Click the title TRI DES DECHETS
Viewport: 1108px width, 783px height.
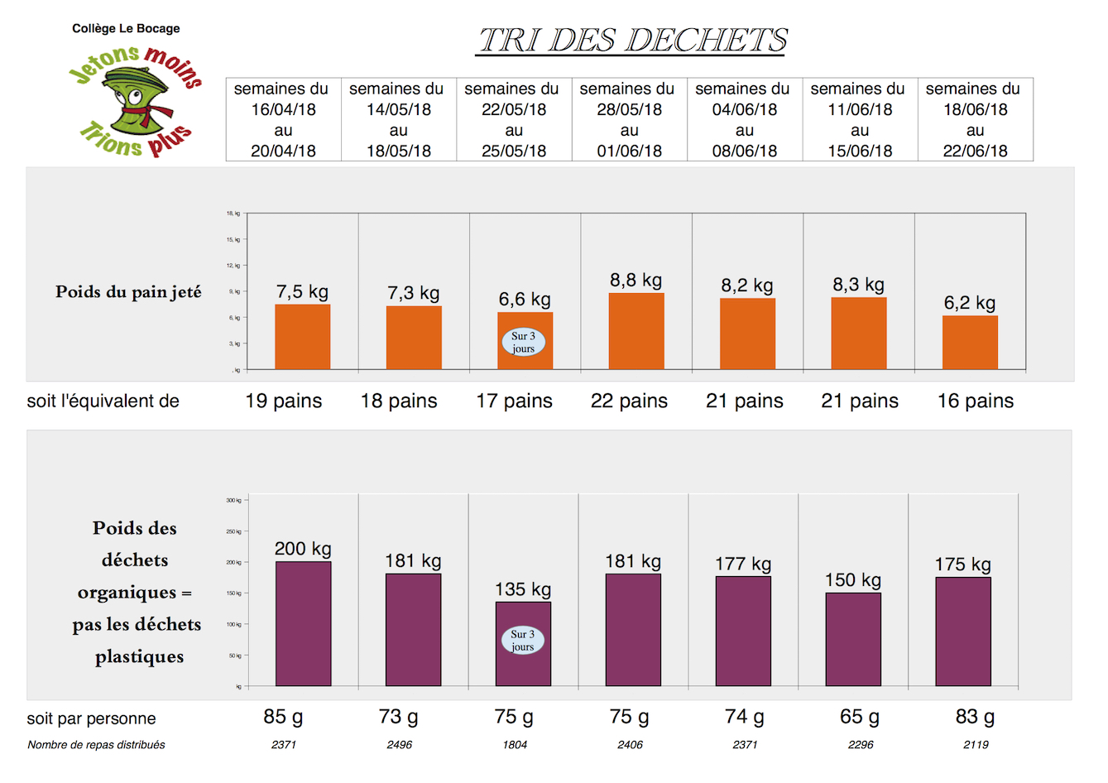[631, 40]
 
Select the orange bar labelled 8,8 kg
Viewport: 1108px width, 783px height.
[636, 331]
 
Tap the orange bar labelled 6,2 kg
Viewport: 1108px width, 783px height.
[970, 342]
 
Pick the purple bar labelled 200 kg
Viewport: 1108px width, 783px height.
[303, 623]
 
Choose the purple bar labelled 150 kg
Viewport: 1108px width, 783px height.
[853, 639]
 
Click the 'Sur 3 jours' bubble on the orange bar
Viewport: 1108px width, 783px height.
[523, 342]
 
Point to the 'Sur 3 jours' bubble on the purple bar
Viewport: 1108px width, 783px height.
[523, 640]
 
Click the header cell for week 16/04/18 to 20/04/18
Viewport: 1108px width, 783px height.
[283, 120]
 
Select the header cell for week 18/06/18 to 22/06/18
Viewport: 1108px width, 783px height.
[975, 120]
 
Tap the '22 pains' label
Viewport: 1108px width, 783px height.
[629, 401]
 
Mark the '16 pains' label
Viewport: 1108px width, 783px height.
[975, 401]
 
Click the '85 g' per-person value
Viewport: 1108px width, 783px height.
[283, 717]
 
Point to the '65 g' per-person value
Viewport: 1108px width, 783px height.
[860, 717]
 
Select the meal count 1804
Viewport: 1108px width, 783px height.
[515, 745]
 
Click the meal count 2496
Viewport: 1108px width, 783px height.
[399, 745]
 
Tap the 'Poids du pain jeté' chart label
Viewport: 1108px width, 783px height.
[128, 292]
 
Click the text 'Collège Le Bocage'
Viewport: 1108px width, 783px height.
[126, 28]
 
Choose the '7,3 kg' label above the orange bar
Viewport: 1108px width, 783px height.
[414, 294]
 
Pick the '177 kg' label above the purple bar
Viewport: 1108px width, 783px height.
[743, 564]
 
